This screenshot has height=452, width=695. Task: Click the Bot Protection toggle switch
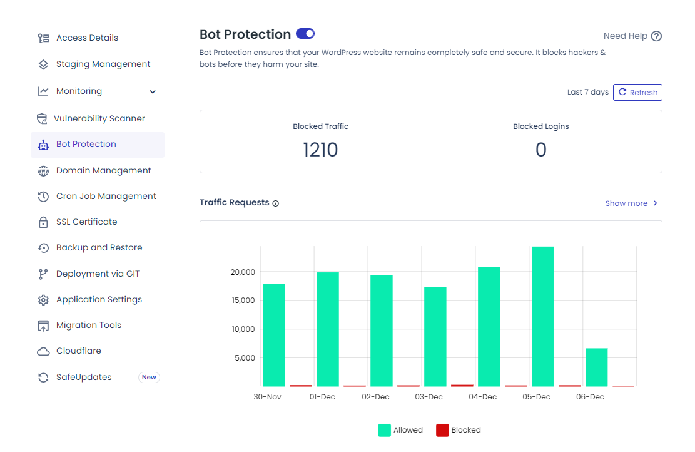point(305,34)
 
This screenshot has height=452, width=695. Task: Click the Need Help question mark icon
point(656,36)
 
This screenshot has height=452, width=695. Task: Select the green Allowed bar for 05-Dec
point(542,316)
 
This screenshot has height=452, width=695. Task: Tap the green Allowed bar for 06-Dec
point(596,367)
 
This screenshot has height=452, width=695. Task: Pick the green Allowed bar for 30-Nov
point(274,335)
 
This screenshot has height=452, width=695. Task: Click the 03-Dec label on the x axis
point(429,397)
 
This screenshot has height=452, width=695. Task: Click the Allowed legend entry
point(400,430)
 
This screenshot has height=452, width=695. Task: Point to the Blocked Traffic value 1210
point(320,150)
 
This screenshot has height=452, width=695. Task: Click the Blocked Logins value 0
point(540,150)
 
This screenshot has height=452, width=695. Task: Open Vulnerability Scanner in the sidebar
point(99,118)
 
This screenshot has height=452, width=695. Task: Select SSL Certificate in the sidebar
point(86,222)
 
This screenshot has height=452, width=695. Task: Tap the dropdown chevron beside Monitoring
point(153,92)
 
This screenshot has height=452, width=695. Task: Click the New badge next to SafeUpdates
point(149,378)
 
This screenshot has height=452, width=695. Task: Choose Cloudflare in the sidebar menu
point(78,351)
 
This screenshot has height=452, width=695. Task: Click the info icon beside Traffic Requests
point(276,203)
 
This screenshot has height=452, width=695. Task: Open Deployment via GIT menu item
point(98,274)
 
